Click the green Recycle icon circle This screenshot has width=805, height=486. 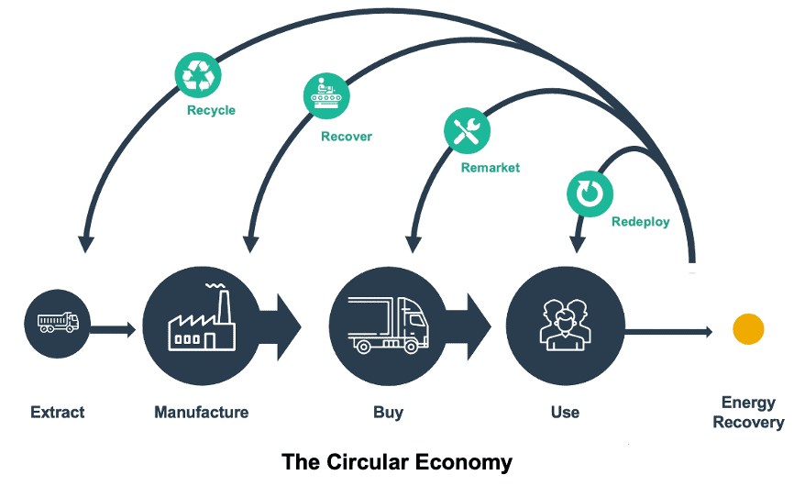pyautogui.click(x=198, y=74)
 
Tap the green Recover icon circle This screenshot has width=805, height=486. pyautogui.click(x=327, y=96)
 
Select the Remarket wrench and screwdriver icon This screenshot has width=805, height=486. pyautogui.click(x=468, y=131)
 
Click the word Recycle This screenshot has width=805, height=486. pyautogui.click(x=211, y=111)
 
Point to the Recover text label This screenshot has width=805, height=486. pyautogui.click(x=346, y=137)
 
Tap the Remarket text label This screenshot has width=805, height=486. pyautogui.click(x=490, y=168)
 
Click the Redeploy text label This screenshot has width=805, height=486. pyautogui.click(x=640, y=222)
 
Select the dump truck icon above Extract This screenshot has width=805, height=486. pyautogui.click(x=58, y=323)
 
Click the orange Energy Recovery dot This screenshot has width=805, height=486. pyautogui.click(x=748, y=329)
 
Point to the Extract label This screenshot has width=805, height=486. pyautogui.click(x=57, y=413)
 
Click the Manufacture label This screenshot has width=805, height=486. pyautogui.click(x=201, y=413)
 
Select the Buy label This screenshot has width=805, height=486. pyautogui.click(x=388, y=413)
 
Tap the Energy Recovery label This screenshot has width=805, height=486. pyautogui.click(x=748, y=413)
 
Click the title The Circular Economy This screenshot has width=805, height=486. pyautogui.click(x=396, y=461)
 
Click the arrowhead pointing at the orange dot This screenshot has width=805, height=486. pyautogui.click(x=705, y=331)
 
